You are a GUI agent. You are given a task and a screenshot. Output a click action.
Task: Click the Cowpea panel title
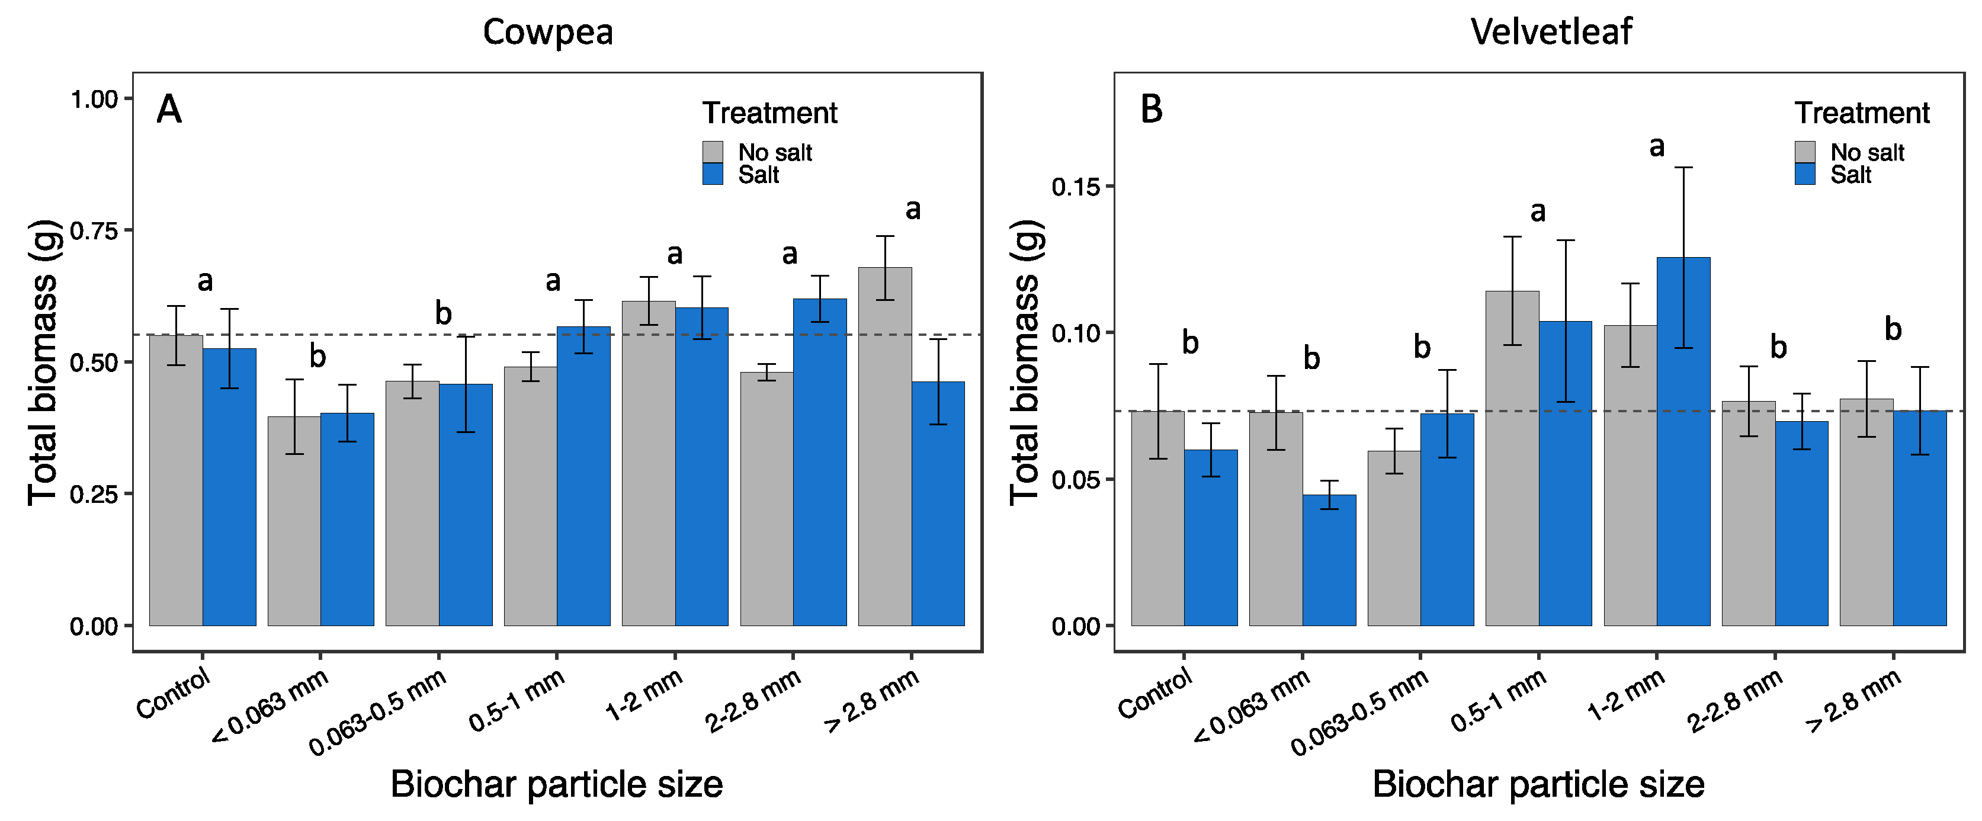click(x=547, y=33)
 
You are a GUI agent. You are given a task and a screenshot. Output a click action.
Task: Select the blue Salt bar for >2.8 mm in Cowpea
click(x=938, y=503)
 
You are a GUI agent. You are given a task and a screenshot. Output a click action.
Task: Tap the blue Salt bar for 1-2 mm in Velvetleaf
click(x=1683, y=442)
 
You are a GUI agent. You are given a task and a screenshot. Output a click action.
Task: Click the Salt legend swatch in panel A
click(x=713, y=174)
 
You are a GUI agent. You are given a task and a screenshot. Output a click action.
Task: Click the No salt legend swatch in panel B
click(x=1804, y=152)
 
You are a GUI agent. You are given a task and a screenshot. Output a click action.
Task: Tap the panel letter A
click(x=169, y=109)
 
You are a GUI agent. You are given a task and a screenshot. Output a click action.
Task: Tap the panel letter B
click(x=1151, y=109)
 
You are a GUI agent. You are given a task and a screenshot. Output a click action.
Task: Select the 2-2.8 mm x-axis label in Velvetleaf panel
click(x=1735, y=700)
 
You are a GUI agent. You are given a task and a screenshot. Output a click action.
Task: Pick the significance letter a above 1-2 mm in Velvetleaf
click(x=1657, y=146)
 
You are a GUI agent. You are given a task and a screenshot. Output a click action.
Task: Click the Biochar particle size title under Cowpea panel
click(x=556, y=785)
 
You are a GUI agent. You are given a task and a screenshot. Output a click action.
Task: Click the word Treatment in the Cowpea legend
click(x=769, y=113)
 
